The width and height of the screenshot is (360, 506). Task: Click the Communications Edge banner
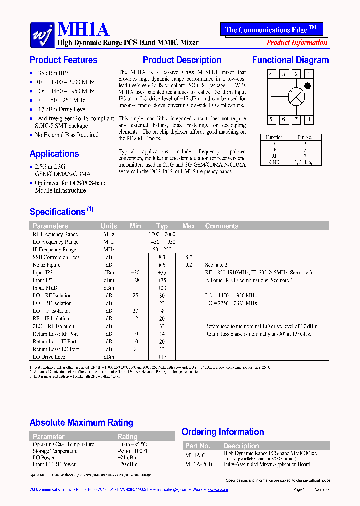point(271,30)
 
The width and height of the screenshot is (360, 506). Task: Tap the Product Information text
point(297,43)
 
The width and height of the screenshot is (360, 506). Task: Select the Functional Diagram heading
point(290,60)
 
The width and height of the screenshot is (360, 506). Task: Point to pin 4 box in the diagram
point(271,74)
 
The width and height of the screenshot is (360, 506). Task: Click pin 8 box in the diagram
point(309,119)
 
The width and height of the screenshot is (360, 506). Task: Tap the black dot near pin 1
point(308,86)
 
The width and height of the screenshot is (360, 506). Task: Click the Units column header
point(109,226)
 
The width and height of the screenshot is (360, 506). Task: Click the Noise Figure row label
point(47,265)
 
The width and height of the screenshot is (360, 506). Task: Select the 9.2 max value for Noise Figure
point(188,265)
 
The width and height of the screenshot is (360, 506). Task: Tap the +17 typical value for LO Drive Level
point(162,357)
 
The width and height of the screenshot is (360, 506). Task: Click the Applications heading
point(54,154)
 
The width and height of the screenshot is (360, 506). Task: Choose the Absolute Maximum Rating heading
point(81,423)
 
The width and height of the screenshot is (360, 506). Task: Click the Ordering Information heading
point(223,432)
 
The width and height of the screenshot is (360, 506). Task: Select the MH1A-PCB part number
point(198,464)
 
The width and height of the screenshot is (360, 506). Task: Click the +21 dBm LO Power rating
point(128,458)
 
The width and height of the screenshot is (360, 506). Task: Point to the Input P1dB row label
point(45,288)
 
